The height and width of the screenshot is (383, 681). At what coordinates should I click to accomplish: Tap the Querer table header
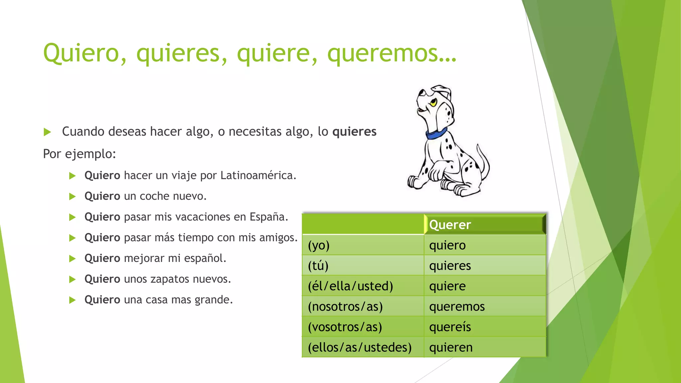click(x=450, y=225)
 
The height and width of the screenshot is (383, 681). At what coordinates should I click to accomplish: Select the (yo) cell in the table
click(x=319, y=245)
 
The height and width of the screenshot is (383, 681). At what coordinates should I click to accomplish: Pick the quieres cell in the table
click(x=450, y=266)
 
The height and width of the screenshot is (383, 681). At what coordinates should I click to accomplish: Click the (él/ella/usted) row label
click(x=350, y=286)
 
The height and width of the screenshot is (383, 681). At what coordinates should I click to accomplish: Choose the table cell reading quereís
click(x=450, y=327)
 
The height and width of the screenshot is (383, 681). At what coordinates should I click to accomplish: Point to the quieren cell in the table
click(x=451, y=347)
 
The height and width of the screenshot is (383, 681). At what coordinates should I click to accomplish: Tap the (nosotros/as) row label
click(x=345, y=307)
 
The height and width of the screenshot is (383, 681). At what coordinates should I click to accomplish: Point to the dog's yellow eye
click(x=433, y=103)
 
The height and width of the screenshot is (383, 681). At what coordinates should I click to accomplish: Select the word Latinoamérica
click(x=258, y=175)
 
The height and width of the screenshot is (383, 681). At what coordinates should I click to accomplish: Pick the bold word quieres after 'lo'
click(x=354, y=132)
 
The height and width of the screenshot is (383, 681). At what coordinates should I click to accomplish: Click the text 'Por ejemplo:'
click(x=79, y=154)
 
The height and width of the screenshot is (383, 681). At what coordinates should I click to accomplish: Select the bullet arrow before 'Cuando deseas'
click(x=48, y=132)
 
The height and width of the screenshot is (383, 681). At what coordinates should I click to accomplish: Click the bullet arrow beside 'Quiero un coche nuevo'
click(x=72, y=196)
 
